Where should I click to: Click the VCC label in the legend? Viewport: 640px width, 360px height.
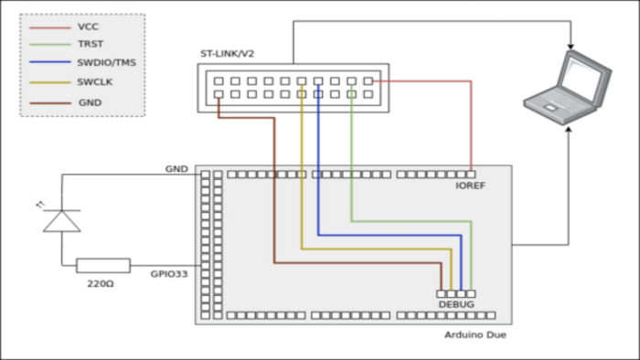click(88, 26)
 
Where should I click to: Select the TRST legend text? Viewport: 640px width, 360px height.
click(91, 44)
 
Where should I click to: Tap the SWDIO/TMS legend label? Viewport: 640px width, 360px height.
click(107, 63)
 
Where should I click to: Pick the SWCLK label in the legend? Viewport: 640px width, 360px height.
click(95, 82)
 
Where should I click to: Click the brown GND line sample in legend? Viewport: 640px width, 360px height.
click(50, 103)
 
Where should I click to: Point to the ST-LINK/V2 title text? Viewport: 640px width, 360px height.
click(227, 54)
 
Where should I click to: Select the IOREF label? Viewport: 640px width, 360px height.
click(470, 185)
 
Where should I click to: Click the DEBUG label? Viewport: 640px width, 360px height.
click(456, 304)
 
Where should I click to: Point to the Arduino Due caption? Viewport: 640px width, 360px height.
click(475, 334)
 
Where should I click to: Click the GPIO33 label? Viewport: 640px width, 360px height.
click(169, 274)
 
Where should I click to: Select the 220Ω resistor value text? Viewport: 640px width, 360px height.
click(101, 284)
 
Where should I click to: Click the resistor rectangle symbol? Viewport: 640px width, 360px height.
click(103, 265)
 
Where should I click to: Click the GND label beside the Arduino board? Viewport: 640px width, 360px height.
click(176, 169)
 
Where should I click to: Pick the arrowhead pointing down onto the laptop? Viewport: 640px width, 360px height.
click(571, 47)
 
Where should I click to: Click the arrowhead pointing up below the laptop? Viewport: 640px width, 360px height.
click(568, 129)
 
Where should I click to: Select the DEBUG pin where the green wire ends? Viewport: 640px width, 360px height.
click(471, 293)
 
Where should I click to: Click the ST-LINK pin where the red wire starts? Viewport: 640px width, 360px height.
click(368, 81)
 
